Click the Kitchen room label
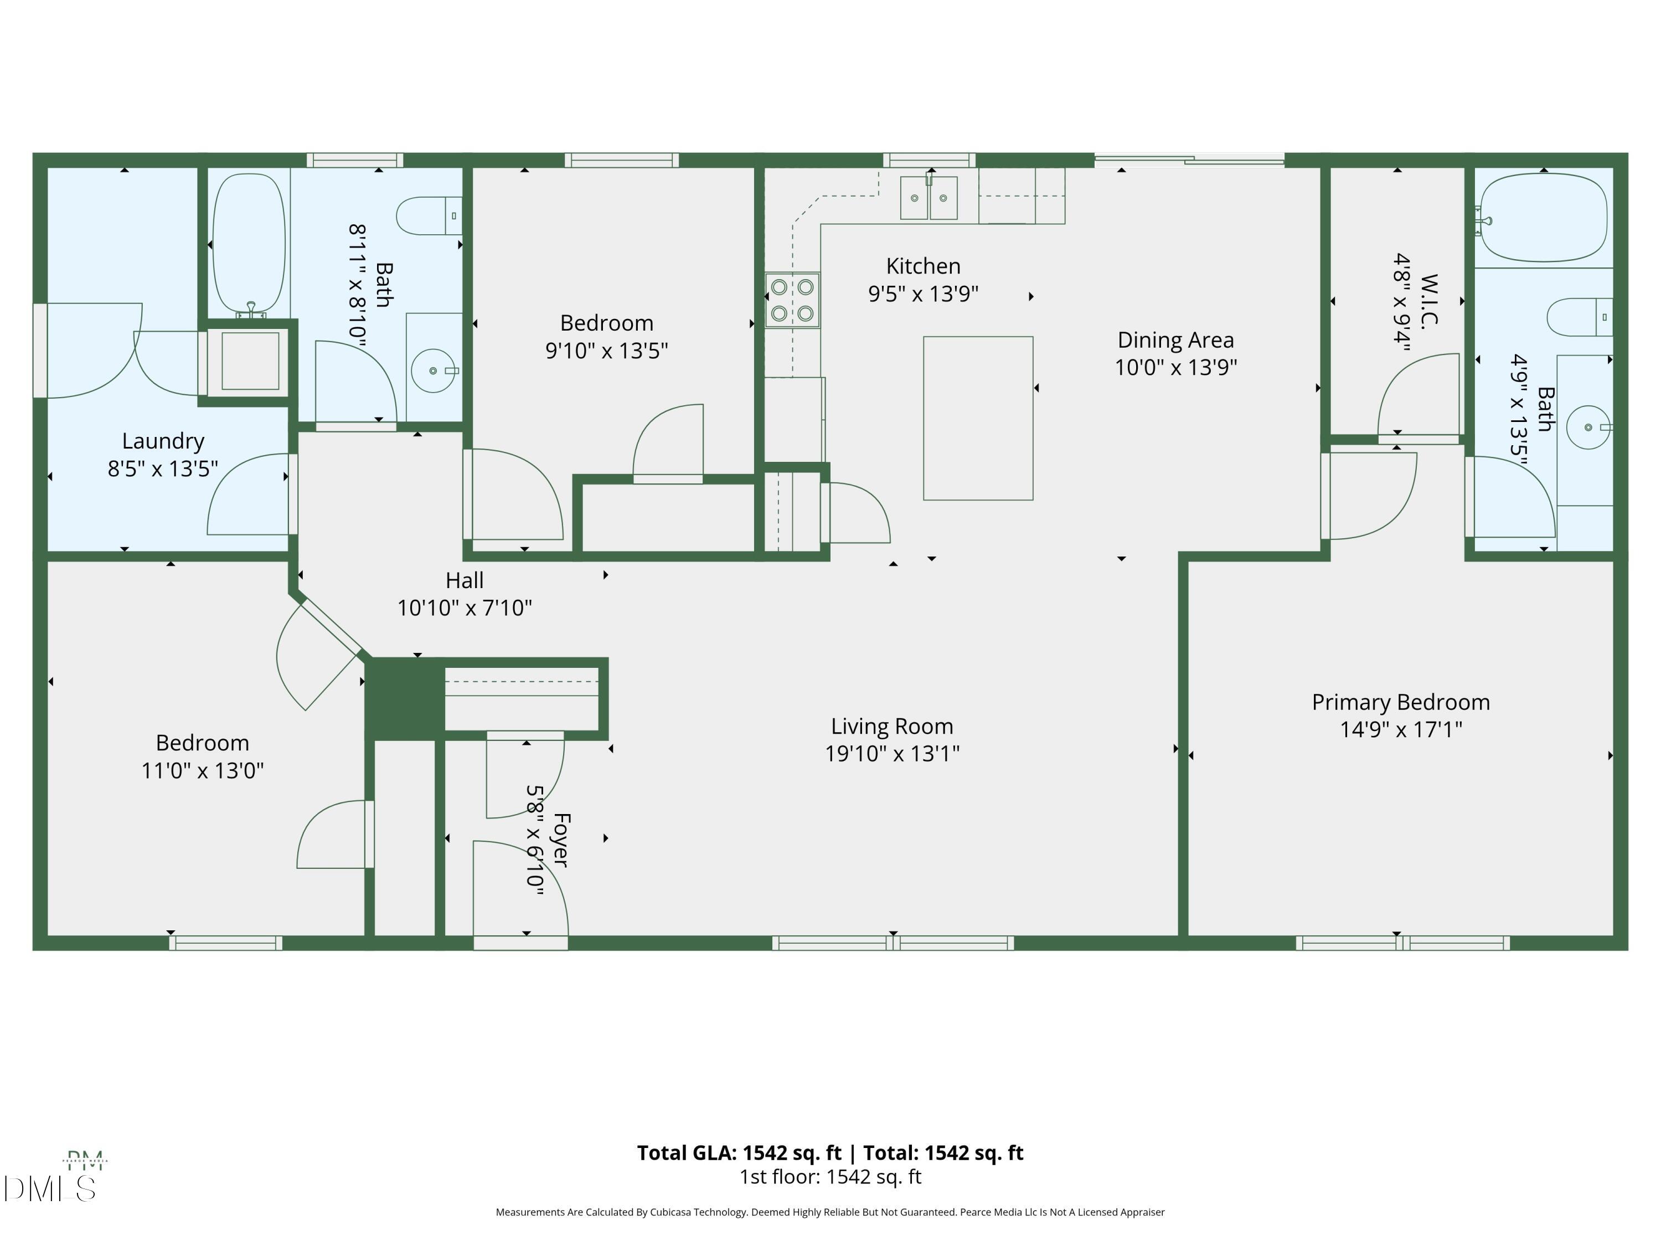tap(923, 266)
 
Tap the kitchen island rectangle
tap(978, 418)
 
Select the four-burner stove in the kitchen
tap(792, 300)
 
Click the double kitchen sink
tap(929, 198)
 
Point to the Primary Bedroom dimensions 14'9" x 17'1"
tap(1400, 729)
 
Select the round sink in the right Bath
tap(1587, 428)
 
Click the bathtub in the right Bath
tap(1544, 218)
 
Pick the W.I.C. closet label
tap(1429, 300)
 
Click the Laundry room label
tap(163, 441)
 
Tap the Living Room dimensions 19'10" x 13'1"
tap(892, 753)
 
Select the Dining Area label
tap(1175, 340)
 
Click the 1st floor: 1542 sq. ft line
tap(830, 1177)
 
